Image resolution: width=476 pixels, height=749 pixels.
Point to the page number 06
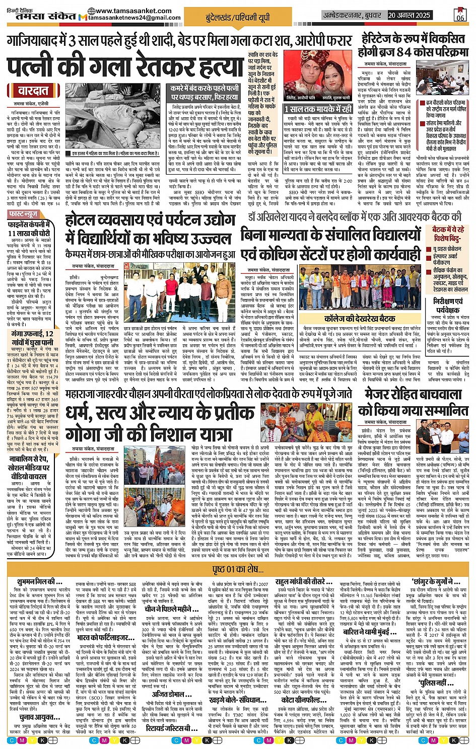pyautogui.click(x=460, y=16)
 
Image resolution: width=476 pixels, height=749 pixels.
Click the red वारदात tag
pyautogui.click(x=33, y=91)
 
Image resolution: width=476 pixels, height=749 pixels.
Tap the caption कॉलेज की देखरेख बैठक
pyautogui.click(x=353, y=318)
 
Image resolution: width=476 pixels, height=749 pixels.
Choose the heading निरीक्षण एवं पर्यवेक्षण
pyautogui.click(x=448, y=306)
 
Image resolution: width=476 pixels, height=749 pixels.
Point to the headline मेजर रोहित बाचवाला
pyautogui.click(x=413, y=395)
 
